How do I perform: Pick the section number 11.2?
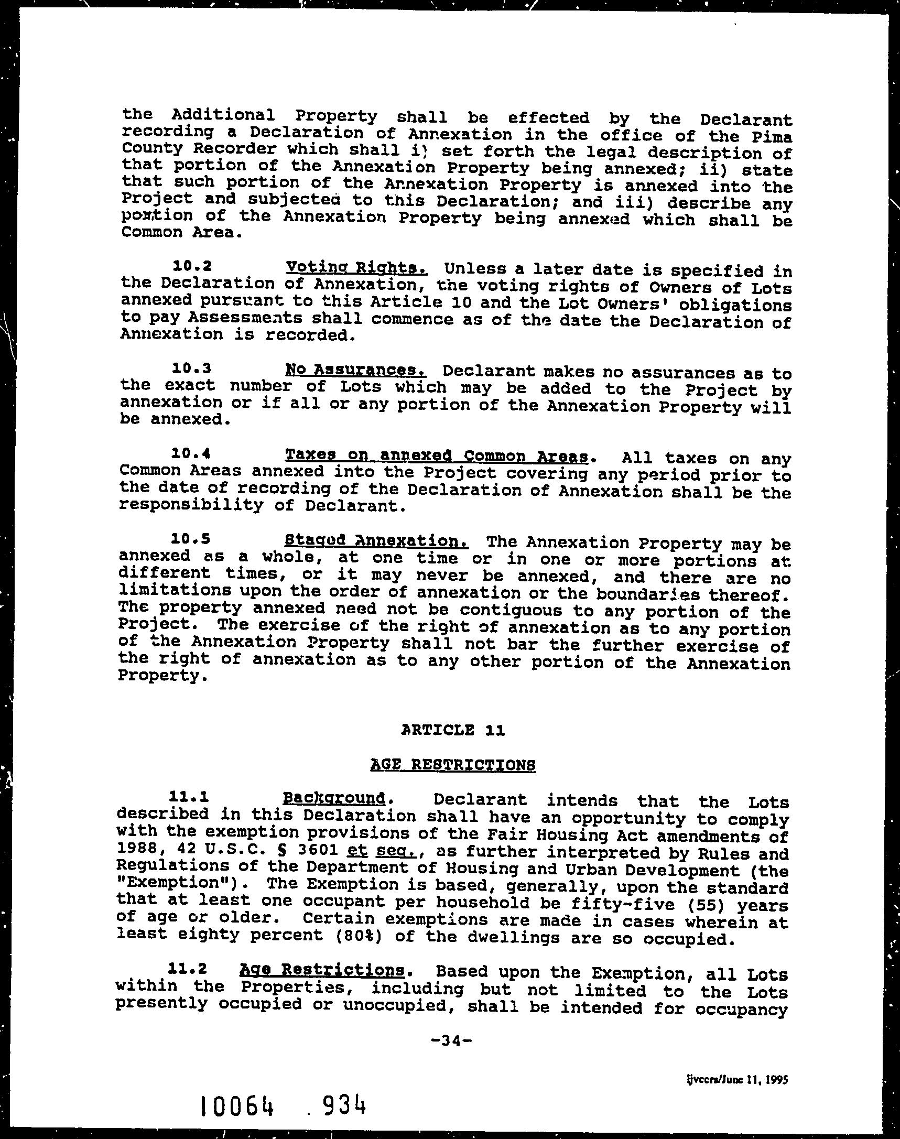184,969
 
